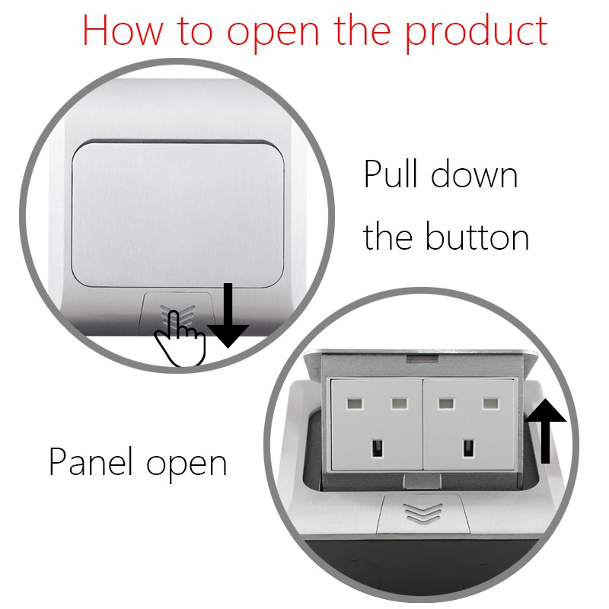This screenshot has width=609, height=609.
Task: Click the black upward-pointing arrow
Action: click(547, 430)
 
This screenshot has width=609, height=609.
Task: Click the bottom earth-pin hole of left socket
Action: click(375, 449)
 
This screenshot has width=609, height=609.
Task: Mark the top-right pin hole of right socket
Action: click(488, 403)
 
